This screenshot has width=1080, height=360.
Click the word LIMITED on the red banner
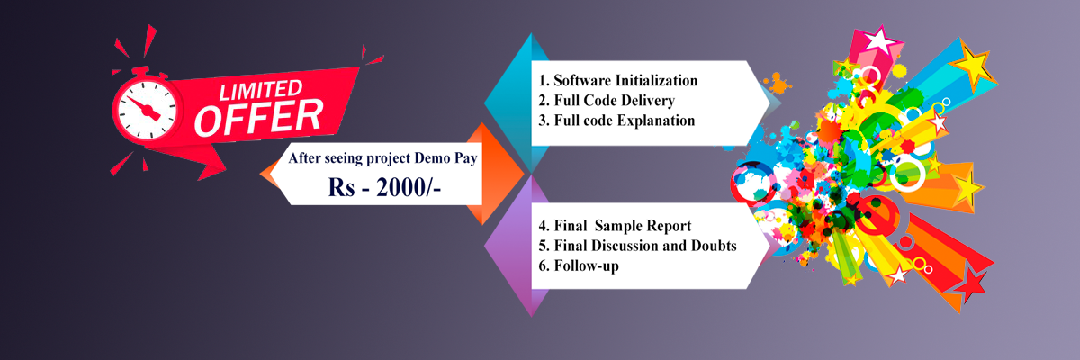261,90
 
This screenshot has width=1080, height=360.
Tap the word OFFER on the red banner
259,117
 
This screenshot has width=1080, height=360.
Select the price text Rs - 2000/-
384,187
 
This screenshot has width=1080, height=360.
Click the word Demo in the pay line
432,158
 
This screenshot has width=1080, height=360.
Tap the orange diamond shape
487,174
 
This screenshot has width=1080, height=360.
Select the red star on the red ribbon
970,284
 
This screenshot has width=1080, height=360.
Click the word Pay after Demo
466,158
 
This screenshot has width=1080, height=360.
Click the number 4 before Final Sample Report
542,226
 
